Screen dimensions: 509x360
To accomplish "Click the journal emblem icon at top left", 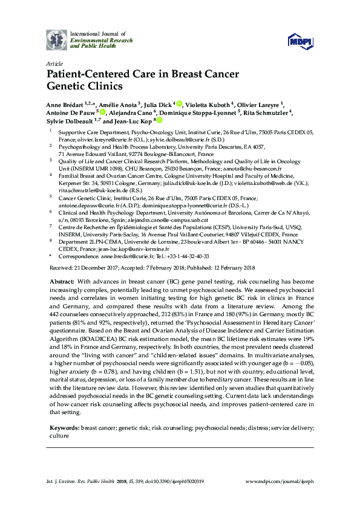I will point(57,39).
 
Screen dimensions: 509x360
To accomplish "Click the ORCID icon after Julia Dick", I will point(180,104).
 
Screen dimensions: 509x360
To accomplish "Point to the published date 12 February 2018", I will point(231,267).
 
